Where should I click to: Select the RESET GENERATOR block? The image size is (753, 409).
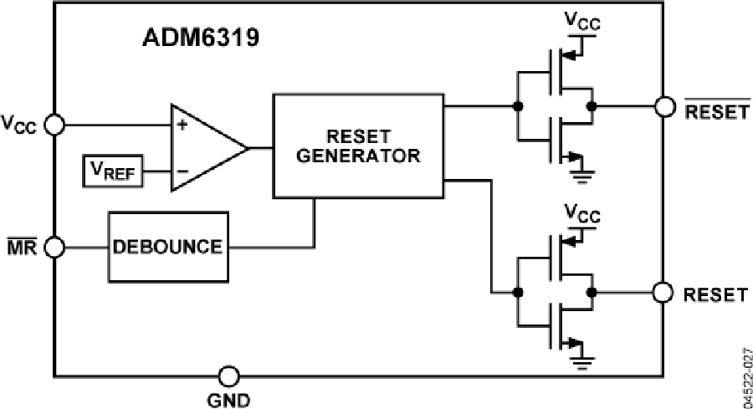tap(357, 146)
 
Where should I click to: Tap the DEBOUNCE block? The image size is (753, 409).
tap(168, 247)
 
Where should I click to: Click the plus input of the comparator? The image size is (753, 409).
tap(180, 125)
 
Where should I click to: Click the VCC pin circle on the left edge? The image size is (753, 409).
tap(54, 125)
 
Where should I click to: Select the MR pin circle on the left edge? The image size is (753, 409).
tap(54, 248)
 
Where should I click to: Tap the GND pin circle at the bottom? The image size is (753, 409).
tap(228, 376)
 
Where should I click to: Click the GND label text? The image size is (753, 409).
tap(228, 399)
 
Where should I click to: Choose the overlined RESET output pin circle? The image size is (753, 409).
tap(665, 107)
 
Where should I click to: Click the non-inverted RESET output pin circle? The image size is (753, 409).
tap(665, 293)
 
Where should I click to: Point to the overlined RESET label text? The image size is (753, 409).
tap(717, 110)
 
